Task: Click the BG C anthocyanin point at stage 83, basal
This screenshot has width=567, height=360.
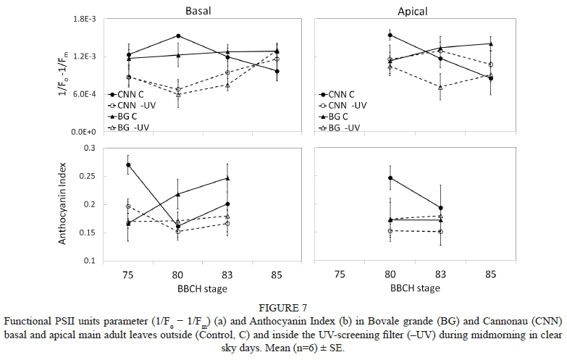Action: pos(227,178)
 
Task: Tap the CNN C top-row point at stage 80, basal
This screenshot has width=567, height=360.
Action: pos(178,35)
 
